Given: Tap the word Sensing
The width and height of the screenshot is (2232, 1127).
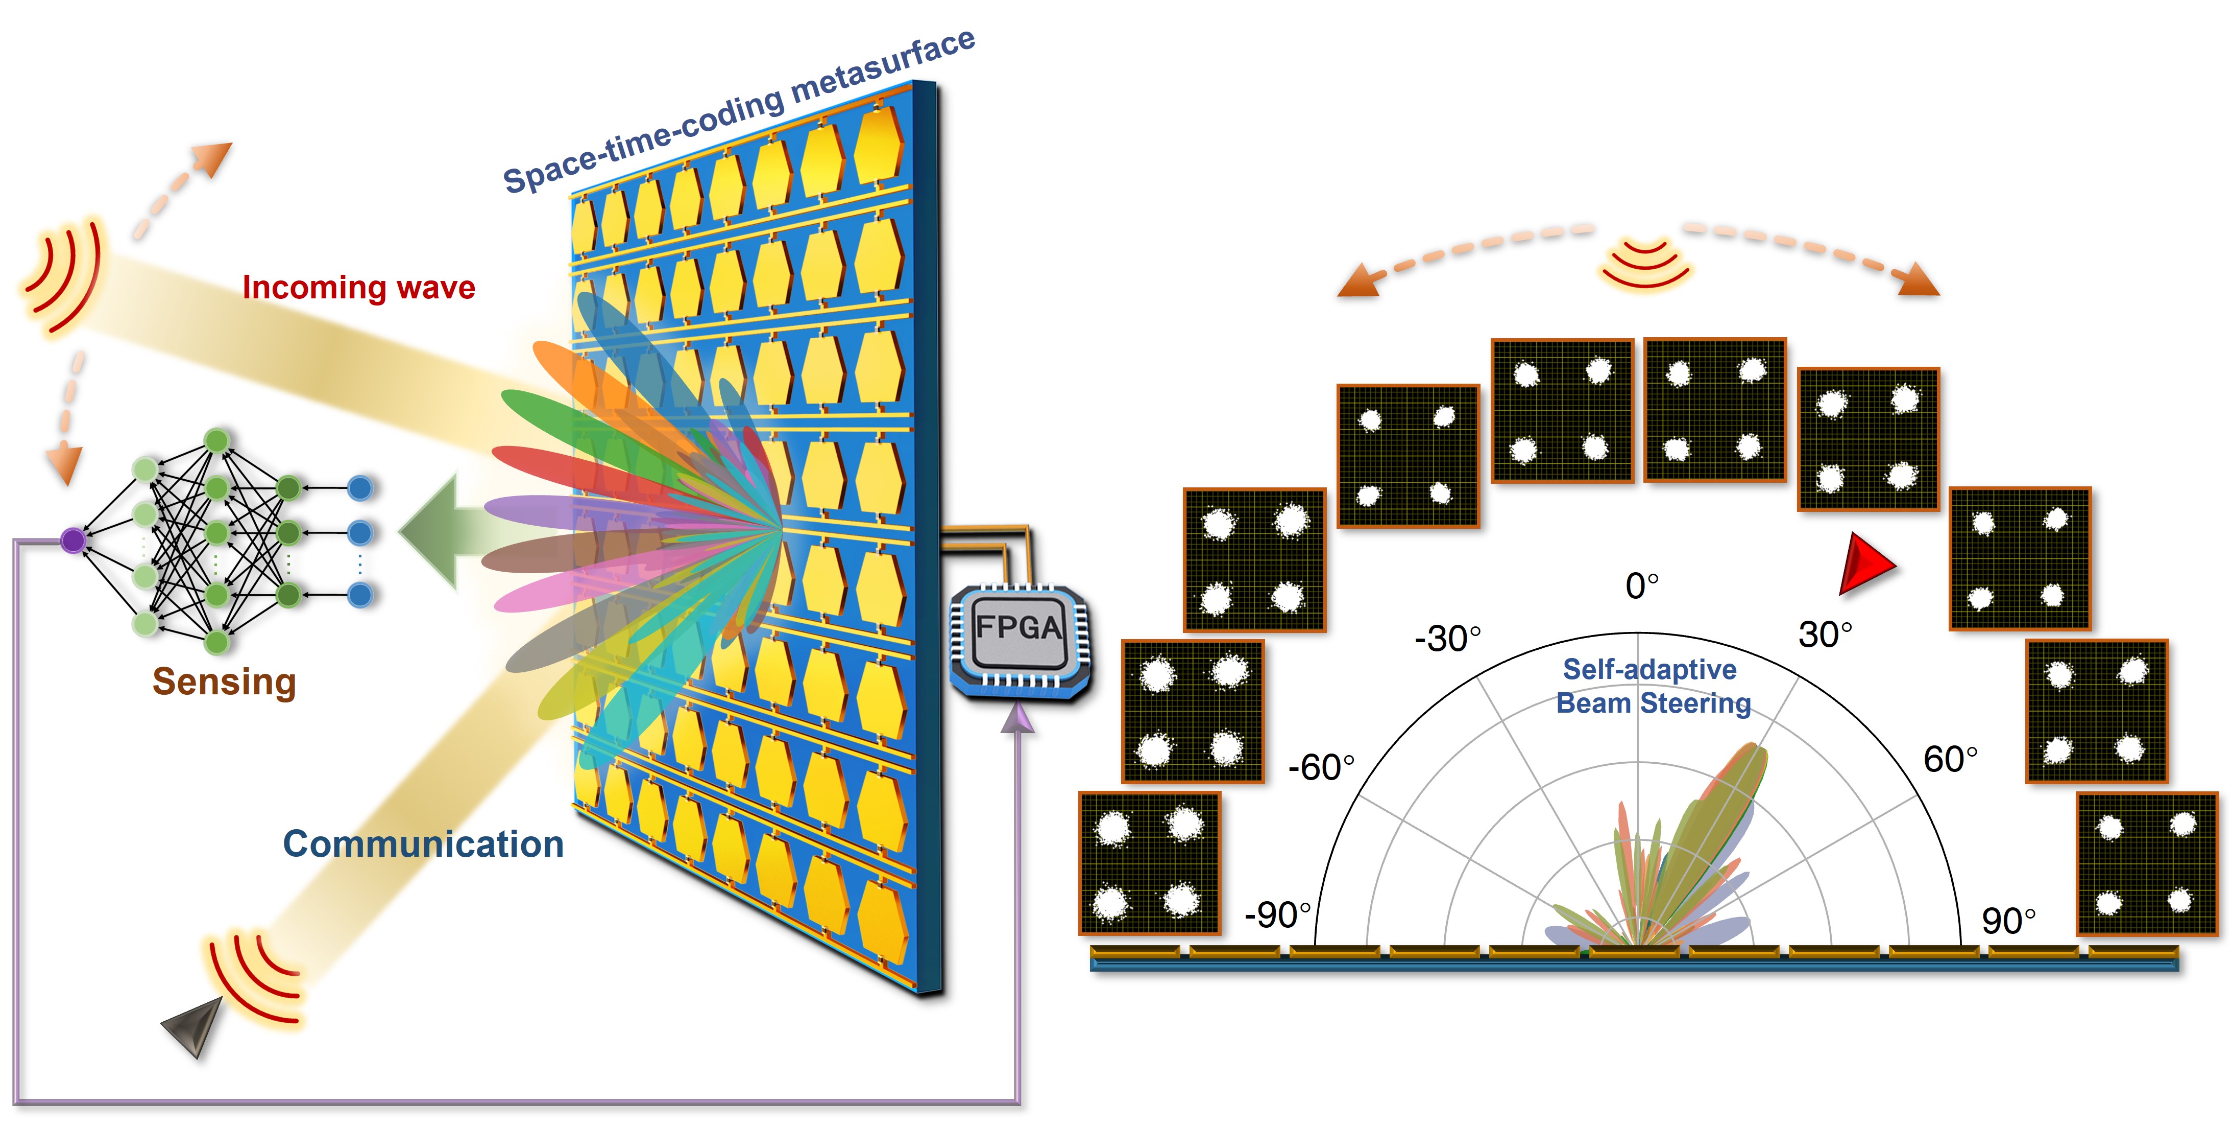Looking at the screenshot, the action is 225,682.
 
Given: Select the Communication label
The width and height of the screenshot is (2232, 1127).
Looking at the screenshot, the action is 424,843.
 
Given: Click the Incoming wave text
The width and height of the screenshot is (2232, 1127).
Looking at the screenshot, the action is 359,287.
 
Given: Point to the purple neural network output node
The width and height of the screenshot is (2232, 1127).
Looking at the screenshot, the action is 73,540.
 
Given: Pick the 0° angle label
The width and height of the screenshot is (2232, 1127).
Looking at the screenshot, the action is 1642,586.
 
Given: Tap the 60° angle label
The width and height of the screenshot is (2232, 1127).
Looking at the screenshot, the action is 1950,760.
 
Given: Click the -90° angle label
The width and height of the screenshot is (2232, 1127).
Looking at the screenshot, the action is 1277,914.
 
